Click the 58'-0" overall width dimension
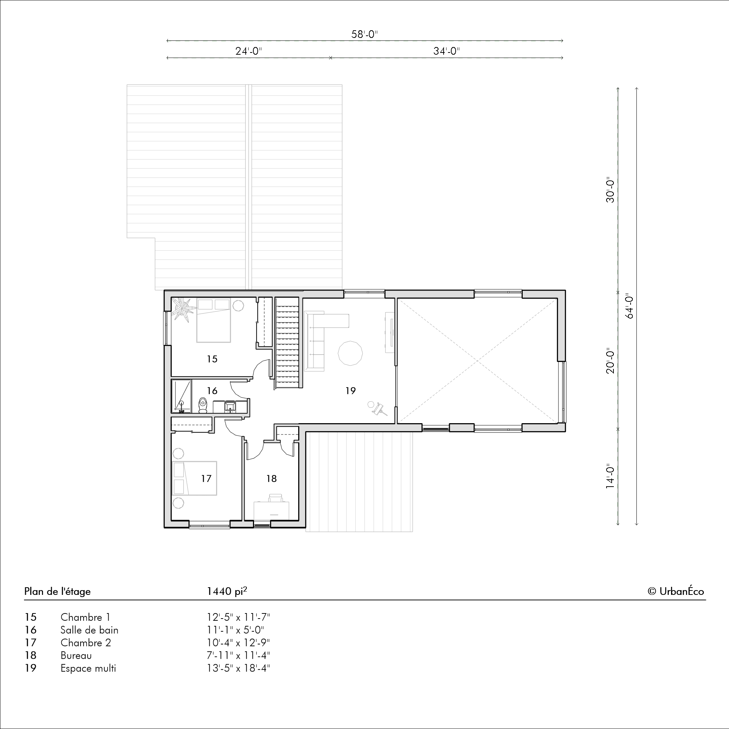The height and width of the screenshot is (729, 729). (364, 34)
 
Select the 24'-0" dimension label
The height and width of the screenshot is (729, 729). (249, 51)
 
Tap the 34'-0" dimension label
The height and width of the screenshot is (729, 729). (447, 51)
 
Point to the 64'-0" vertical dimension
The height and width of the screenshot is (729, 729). (629, 306)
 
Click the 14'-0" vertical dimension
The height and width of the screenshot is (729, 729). (610, 476)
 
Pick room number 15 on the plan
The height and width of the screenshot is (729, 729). (212, 359)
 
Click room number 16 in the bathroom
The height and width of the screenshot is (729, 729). (212, 390)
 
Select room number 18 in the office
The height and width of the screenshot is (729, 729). (271, 479)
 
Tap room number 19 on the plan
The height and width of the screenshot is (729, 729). (351, 390)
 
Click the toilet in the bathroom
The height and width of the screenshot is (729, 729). (203, 405)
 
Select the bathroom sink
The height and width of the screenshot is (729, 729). (230, 407)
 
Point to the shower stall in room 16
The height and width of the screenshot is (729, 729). (182, 396)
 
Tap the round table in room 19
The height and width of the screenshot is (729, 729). (350, 353)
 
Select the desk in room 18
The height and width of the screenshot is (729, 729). (271, 510)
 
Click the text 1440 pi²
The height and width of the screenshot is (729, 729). (227, 591)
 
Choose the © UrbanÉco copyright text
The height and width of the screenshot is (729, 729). (676, 591)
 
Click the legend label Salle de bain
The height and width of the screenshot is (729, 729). (89, 630)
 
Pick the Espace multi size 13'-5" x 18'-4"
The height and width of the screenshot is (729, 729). (238, 668)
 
